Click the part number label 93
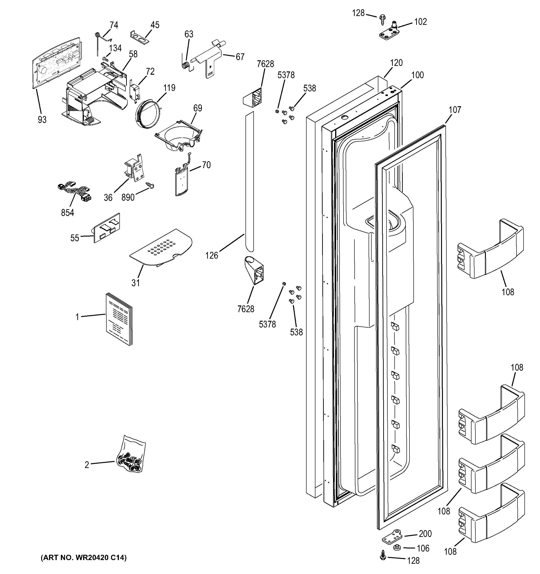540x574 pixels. (42, 119)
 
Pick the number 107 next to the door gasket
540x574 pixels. (455, 110)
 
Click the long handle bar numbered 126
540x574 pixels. (249, 182)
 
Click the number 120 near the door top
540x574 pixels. (396, 63)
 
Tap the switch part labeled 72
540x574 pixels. (134, 91)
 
